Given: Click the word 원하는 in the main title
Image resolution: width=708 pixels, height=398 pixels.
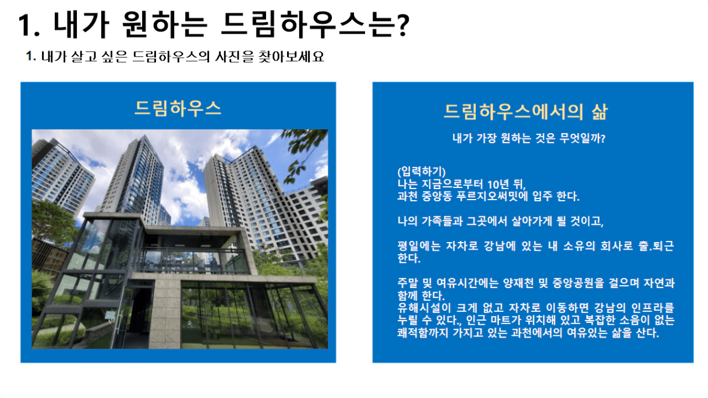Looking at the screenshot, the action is tap(164, 24).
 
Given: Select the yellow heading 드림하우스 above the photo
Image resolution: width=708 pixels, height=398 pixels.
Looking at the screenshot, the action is tap(178, 108).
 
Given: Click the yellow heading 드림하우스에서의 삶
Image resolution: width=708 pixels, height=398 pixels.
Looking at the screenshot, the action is tap(526, 112).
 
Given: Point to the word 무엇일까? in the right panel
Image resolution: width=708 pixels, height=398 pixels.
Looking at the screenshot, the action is tap(582, 138).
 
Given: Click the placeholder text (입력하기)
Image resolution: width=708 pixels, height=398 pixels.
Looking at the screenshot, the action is tap(422, 172).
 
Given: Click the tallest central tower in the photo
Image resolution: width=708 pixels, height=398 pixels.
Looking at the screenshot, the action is tap(136, 177).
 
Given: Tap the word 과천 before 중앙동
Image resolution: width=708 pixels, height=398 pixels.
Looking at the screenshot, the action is tap(408, 197).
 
